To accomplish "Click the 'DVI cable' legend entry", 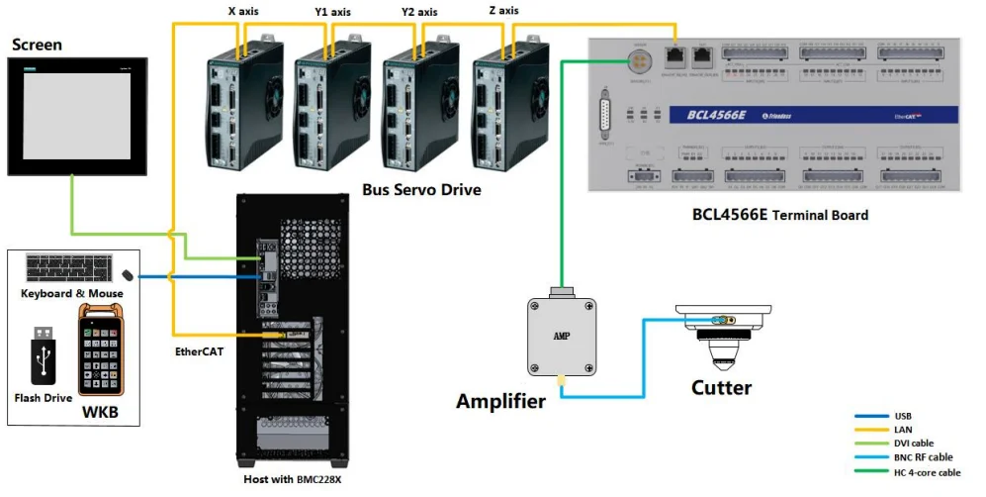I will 913,444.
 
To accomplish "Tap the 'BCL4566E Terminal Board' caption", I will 780,214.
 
